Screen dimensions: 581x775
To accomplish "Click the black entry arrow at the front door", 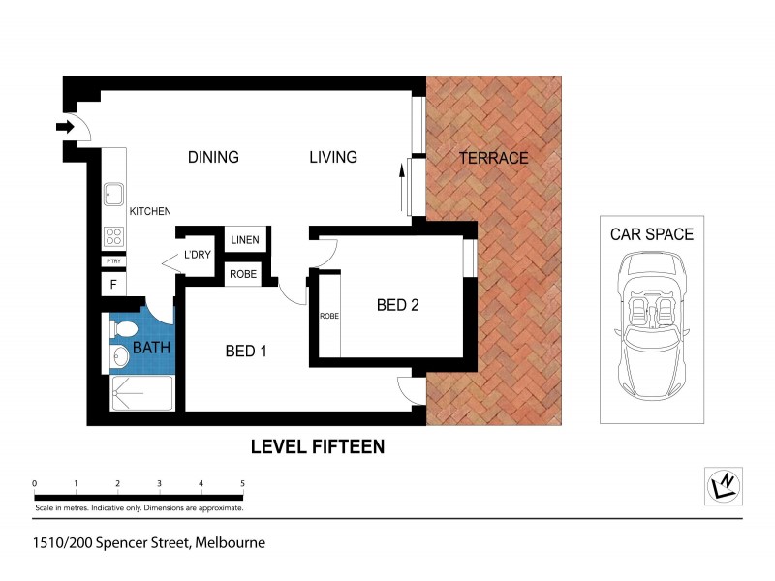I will point(65,126).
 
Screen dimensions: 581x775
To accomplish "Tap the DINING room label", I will point(213,157).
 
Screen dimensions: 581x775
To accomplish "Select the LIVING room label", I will point(333,157).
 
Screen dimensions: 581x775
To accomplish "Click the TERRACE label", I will point(493,158).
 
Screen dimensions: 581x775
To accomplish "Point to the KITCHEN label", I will point(150,211).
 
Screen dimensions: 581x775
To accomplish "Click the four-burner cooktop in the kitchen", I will point(113,236).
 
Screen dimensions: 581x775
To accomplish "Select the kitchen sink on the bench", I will point(113,196).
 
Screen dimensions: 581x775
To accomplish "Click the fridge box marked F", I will point(113,285).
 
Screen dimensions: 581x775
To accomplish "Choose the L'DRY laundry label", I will point(197,256).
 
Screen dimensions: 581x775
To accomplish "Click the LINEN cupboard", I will point(244,239).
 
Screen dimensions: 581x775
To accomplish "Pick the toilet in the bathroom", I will point(119,330).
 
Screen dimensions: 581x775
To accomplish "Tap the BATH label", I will point(151,347).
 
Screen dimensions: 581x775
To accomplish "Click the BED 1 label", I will point(246,352).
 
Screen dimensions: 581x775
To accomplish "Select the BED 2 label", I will point(397,306).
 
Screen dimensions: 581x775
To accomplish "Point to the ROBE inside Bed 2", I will point(329,316).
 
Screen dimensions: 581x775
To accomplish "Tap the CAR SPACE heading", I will point(651,234).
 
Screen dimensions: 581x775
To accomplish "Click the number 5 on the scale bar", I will point(242,483).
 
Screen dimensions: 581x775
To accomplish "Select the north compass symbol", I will point(724,483).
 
